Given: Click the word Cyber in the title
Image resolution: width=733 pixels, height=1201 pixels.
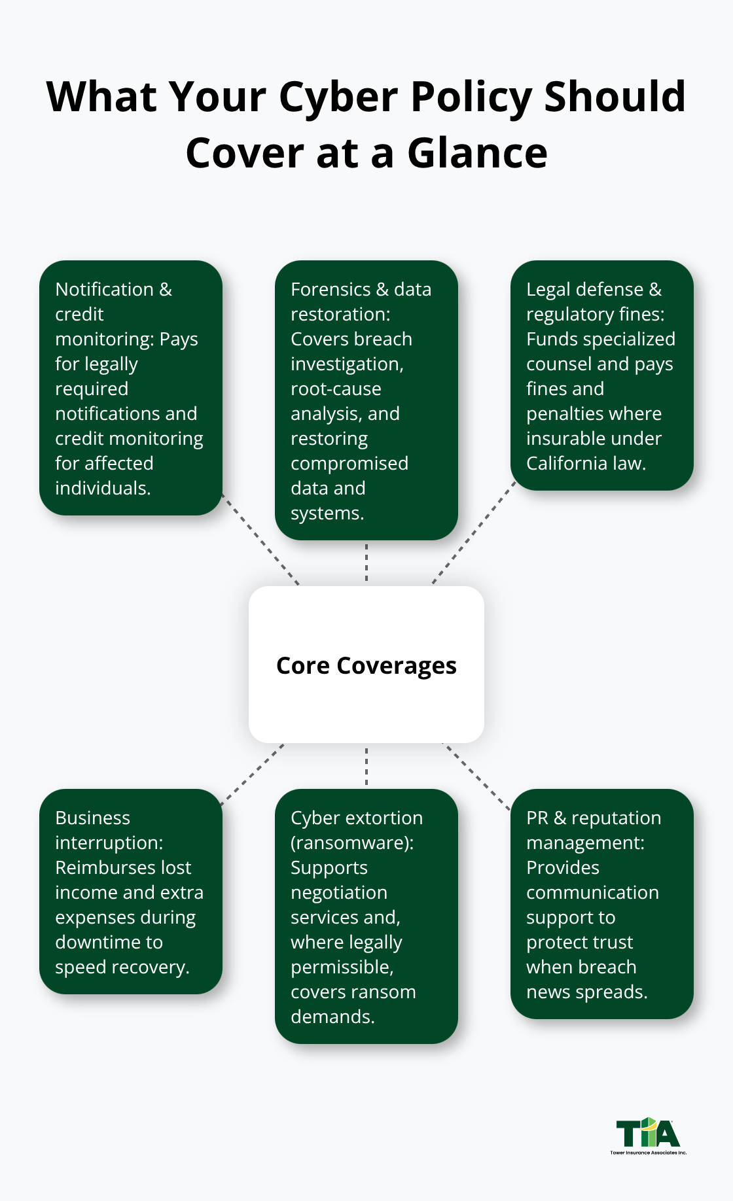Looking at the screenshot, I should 338,97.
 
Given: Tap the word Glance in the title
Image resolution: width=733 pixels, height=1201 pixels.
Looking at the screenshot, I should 477,154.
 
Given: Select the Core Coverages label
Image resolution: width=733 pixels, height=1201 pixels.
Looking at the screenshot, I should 366,665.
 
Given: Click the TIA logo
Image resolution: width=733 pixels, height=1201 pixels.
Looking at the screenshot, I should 648,1136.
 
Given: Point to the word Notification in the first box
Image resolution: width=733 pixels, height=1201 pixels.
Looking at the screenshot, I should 105,289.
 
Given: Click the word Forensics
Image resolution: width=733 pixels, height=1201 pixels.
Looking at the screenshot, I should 331,289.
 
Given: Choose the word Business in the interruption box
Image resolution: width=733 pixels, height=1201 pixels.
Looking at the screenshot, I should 92,818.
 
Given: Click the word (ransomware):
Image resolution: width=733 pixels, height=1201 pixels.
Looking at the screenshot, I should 352,843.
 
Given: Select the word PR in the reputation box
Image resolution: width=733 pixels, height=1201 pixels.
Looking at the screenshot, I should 537,818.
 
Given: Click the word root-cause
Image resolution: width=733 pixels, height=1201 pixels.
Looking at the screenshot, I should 336,389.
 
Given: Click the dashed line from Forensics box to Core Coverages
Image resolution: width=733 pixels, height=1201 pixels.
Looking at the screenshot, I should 366,563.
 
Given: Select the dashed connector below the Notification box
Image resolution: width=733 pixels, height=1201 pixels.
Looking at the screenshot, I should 260,538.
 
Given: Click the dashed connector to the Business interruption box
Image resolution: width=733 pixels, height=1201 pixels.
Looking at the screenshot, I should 253,773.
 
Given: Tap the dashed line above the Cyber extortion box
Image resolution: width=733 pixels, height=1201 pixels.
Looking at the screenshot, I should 366,766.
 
